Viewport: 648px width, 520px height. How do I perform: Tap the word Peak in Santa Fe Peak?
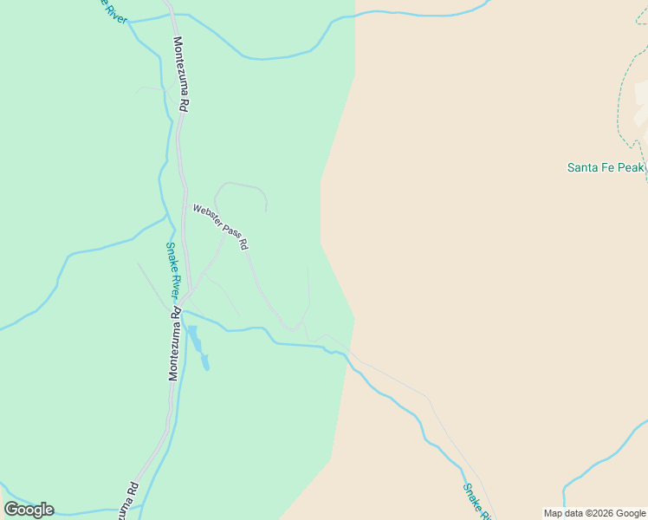pyautogui.click(x=631, y=167)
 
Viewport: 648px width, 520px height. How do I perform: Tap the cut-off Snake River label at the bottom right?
pyautogui.click(x=476, y=501)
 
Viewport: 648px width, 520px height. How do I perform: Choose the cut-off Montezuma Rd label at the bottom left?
pyautogui.click(x=128, y=500)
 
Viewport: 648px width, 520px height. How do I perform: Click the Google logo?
pyautogui.click(x=29, y=509)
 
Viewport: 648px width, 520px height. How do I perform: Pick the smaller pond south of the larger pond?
pyautogui.click(x=205, y=362)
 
